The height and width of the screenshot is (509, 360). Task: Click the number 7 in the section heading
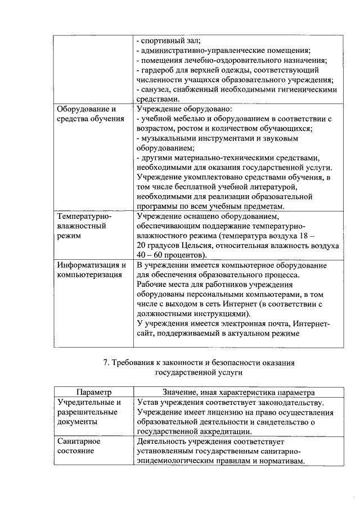[107, 363]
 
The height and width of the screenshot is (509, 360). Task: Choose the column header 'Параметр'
[94, 393]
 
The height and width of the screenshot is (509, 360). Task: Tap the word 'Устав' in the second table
[148, 403]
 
